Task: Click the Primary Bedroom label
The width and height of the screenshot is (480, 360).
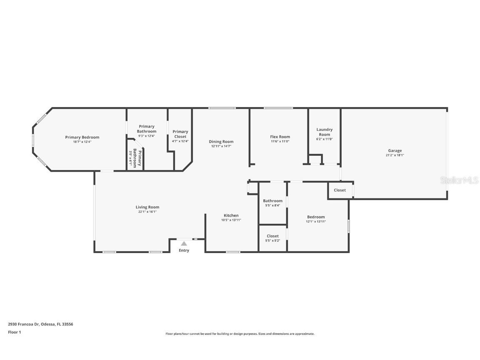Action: [x=82, y=137]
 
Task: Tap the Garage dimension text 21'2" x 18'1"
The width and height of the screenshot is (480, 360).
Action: [x=395, y=155]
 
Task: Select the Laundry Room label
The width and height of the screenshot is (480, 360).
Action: [x=324, y=132]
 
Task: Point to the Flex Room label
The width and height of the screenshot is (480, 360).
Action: [x=280, y=137]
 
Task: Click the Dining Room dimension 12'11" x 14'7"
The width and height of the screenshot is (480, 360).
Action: [x=221, y=146]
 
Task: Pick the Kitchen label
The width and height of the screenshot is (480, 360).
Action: [x=231, y=215]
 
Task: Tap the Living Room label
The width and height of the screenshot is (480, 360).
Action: [x=147, y=207]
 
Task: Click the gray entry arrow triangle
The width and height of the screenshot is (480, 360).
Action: [x=184, y=243]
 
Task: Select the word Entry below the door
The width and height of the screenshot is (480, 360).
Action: [x=184, y=250]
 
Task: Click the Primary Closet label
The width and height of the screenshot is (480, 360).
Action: [x=180, y=134]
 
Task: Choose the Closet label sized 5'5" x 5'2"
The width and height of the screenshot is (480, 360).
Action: [x=272, y=236]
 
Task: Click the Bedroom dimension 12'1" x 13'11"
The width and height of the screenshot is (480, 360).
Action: [x=316, y=222]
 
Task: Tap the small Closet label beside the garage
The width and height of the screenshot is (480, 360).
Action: [x=340, y=190]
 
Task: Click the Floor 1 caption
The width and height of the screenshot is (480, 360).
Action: [x=14, y=332]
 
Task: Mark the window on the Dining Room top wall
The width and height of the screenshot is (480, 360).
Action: [x=222, y=108]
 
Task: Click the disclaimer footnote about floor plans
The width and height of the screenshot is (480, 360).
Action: [x=240, y=334]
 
